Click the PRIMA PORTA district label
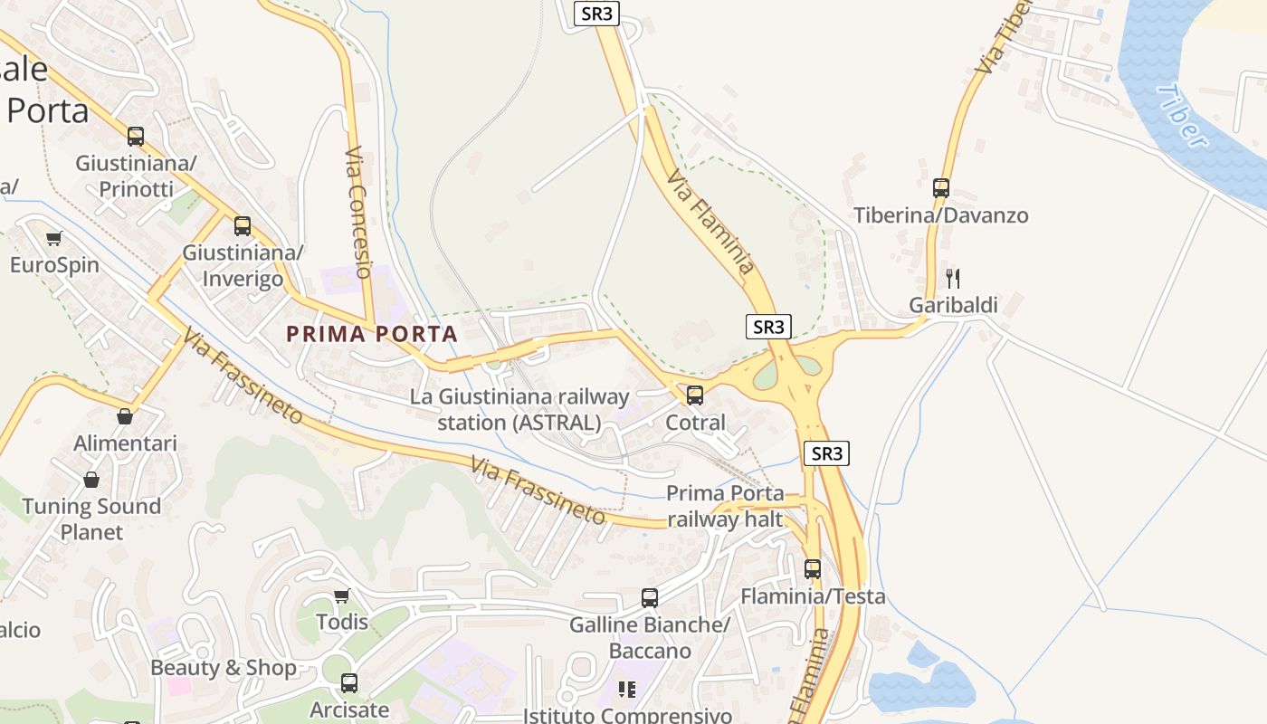(x=372, y=334)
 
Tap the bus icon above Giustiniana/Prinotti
(x=136, y=137)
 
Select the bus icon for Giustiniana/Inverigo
(x=243, y=226)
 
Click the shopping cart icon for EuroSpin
(x=54, y=238)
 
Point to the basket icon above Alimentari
(x=125, y=416)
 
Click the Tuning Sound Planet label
(x=91, y=519)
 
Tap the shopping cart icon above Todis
(x=342, y=595)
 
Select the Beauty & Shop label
(x=224, y=668)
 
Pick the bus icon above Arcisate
(x=349, y=683)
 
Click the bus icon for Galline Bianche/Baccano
(x=650, y=597)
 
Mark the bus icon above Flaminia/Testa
(x=813, y=568)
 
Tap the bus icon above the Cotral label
(x=695, y=395)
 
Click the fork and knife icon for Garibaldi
(x=952, y=278)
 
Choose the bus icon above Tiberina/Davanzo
(x=941, y=188)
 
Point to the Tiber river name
(x=1182, y=116)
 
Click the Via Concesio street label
(x=358, y=213)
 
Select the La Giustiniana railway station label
(x=519, y=409)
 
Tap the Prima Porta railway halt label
(x=725, y=506)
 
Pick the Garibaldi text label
(x=953, y=305)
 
